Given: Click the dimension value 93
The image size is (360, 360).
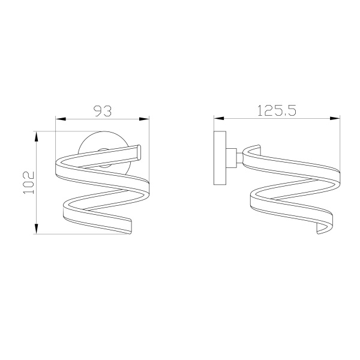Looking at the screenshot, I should click(103, 111).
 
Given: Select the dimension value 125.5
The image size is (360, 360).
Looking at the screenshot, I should click(277, 110).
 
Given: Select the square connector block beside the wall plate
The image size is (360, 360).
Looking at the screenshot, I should click(230, 157).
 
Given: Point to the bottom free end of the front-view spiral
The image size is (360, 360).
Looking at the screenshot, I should click(128, 225).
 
